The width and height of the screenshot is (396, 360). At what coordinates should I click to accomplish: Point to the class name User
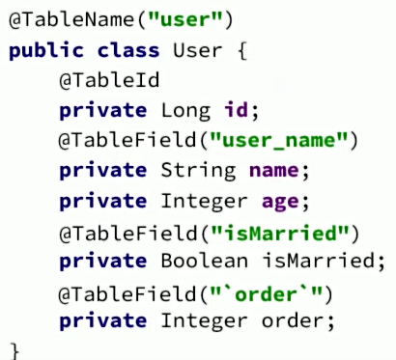pos(192,49)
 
